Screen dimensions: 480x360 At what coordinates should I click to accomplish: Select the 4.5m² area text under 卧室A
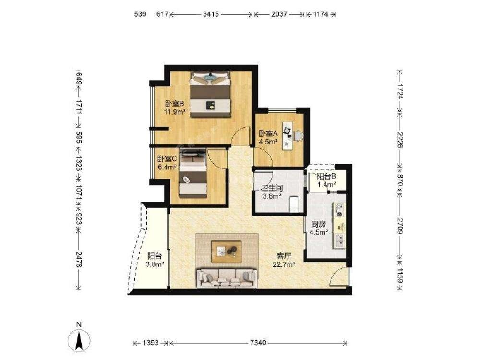click(x=268, y=142)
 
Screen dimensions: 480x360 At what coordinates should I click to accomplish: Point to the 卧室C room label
click(x=167, y=159)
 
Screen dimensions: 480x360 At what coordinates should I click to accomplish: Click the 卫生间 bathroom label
click(x=272, y=188)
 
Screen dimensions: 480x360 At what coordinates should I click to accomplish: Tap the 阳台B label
click(x=326, y=177)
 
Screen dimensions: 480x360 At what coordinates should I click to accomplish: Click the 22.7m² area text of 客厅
click(x=284, y=264)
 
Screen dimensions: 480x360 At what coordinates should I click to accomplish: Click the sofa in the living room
click(x=227, y=278)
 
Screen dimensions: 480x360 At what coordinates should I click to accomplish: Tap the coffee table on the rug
click(x=227, y=252)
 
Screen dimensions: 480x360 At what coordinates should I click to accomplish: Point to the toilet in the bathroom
click(x=293, y=204)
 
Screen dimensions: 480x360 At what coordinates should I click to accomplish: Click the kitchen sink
click(x=340, y=240)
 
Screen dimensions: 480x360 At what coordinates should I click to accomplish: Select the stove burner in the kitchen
click(x=339, y=210)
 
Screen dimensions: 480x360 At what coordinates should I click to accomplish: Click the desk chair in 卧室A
click(x=299, y=135)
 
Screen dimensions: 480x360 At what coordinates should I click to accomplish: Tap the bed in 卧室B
click(x=210, y=94)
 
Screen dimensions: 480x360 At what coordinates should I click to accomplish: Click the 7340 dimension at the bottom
click(x=258, y=343)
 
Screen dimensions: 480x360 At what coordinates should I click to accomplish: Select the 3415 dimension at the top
click(x=211, y=14)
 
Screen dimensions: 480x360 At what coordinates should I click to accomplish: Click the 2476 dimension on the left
click(x=79, y=259)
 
